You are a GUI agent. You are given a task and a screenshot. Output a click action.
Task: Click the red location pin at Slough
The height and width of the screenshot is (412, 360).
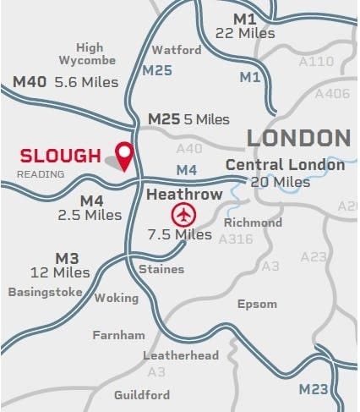tap(125, 155)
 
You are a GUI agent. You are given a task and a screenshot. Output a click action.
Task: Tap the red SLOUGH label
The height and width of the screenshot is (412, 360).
tap(61, 156)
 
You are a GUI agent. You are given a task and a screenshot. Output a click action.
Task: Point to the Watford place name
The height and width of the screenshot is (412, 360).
tap(177, 50)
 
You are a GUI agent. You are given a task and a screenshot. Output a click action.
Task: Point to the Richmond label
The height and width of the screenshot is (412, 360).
tap(253, 222)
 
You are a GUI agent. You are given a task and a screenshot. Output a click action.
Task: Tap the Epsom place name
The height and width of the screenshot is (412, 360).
tap(256, 303)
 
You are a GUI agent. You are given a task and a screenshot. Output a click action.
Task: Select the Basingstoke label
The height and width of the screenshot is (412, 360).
tap(46, 292)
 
